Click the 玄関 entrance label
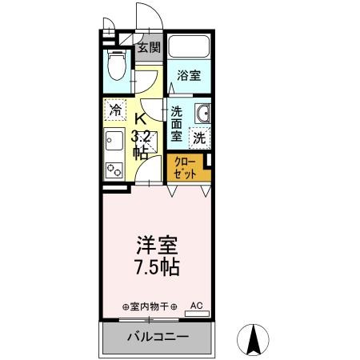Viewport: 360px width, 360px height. [149, 46]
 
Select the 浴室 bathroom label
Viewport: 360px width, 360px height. [189, 77]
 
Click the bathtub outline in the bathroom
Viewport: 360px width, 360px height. [190, 48]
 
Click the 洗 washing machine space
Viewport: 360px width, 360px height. [198, 137]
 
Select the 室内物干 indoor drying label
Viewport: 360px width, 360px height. [150, 306]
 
